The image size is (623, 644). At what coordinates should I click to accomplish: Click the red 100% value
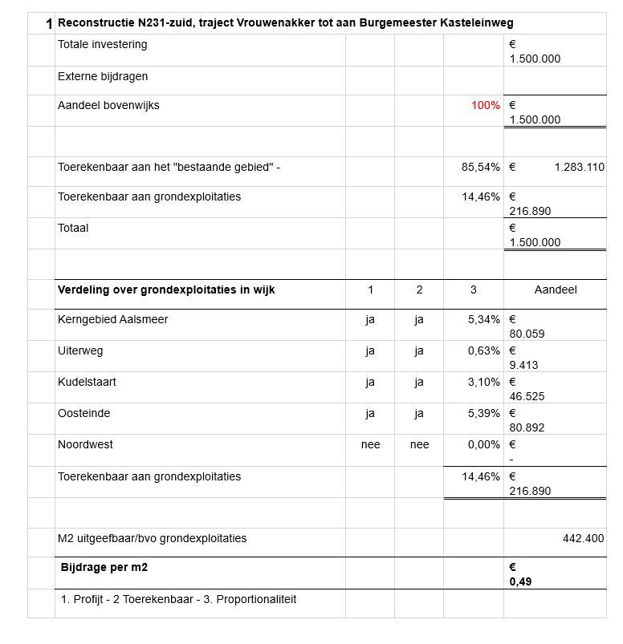(485, 106)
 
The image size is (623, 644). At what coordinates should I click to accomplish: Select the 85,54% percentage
(480, 168)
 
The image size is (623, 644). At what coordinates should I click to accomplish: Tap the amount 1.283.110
(579, 168)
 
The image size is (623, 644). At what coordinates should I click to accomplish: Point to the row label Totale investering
(102, 45)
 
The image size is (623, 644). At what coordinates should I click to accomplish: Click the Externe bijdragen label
(103, 77)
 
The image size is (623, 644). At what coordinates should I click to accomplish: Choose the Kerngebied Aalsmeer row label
(112, 320)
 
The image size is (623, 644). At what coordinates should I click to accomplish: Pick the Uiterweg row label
(80, 351)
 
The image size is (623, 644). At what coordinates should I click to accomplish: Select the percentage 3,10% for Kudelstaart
(483, 383)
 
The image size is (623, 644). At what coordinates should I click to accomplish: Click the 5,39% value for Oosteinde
(483, 414)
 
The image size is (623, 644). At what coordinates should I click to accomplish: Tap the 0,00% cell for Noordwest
(483, 445)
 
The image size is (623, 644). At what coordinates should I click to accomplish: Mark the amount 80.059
(527, 334)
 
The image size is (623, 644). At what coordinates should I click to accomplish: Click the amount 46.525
(527, 396)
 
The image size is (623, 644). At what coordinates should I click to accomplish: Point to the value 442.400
(583, 539)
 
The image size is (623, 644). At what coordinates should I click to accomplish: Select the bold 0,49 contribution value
(520, 582)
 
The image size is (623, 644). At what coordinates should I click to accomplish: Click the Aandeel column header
(555, 290)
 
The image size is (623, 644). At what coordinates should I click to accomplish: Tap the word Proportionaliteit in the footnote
(256, 599)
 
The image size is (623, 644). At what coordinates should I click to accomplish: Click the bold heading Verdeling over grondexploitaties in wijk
(166, 290)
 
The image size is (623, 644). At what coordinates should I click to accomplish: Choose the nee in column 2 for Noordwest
(419, 445)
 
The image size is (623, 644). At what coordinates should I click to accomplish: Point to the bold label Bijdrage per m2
(104, 568)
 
